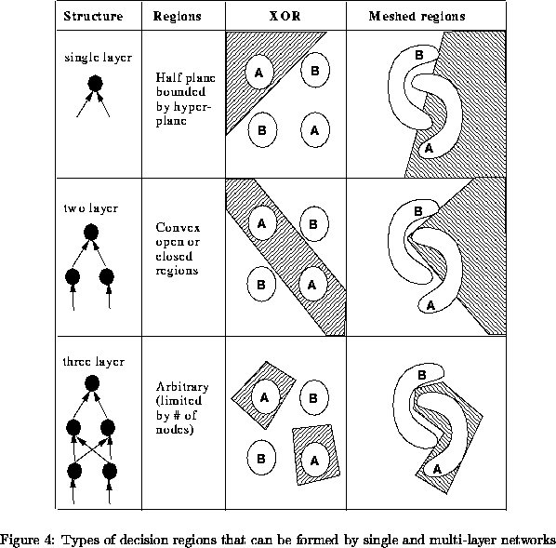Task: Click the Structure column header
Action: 93,17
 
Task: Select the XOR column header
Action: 285,17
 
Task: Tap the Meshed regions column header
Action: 417,17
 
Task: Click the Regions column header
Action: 177,17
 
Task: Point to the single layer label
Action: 98,58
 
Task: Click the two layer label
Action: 91,208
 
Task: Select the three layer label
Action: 94,362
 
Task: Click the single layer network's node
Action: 95,84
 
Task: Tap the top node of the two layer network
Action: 91,233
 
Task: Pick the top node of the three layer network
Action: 92,383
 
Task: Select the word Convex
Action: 178,228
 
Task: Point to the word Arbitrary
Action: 182,386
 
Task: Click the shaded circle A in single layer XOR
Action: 259,73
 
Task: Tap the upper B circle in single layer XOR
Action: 315,71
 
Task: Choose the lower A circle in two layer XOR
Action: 312,285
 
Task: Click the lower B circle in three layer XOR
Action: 261,458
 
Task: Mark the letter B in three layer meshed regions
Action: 421,375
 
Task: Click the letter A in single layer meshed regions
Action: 429,148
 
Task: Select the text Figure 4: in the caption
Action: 28,541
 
